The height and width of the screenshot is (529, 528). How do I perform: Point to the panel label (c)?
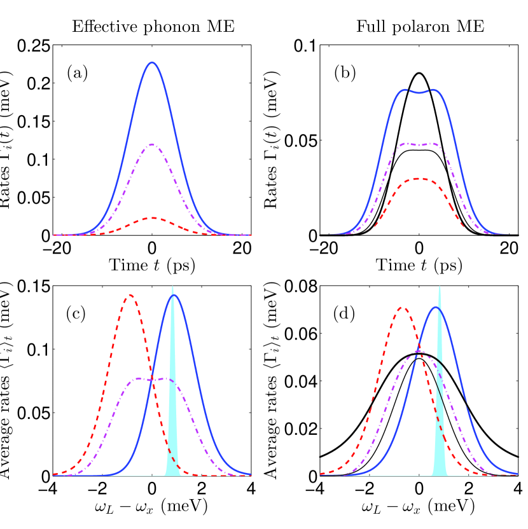[x=78, y=314]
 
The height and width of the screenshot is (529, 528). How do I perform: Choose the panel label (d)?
[x=345, y=314]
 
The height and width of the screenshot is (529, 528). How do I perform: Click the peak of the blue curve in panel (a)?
[x=152, y=62]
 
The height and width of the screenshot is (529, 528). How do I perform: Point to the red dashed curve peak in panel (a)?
[x=152, y=217]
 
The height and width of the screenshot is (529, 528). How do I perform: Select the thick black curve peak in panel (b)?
[x=419, y=73]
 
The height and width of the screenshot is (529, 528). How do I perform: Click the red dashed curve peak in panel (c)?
[x=130, y=295]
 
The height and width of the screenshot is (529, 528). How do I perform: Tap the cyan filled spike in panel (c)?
[x=172, y=445]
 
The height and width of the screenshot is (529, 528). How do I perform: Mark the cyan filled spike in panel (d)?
[x=439, y=445]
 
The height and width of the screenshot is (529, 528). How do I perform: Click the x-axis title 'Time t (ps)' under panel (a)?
[x=152, y=264]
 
